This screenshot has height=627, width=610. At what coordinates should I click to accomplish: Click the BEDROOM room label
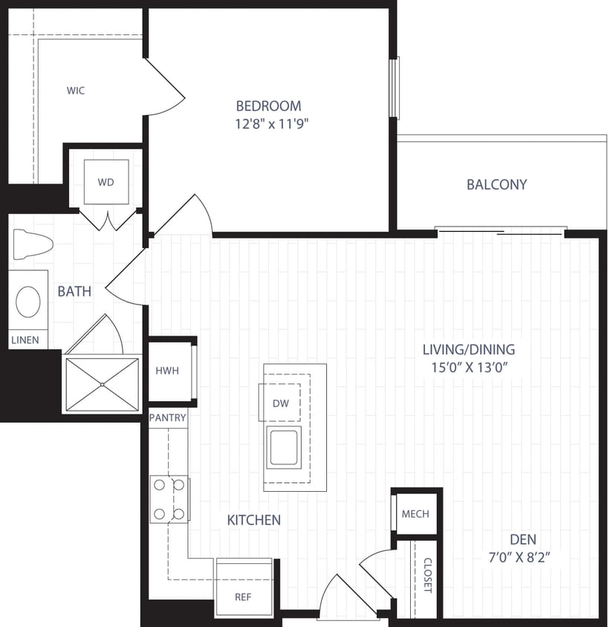pyautogui.click(x=268, y=105)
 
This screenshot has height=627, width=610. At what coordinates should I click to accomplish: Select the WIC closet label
pyautogui.click(x=76, y=91)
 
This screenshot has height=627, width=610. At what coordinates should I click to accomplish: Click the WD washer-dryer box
pyautogui.click(x=106, y=182)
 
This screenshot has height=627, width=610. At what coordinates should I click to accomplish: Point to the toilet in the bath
pyautogui.click(x=33, y=244)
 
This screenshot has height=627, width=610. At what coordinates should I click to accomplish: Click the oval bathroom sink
pyautogui.click(x=29, y=302)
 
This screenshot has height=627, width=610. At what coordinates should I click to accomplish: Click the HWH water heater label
pyautogui.click(x=167, y=371)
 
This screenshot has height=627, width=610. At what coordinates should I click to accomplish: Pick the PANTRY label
pyautogui.click(x=167, y=418)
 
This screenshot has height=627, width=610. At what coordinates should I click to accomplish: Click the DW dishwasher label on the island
pyautogui.click(x=280, y=403)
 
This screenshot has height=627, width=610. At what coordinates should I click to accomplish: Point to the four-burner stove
pyautogui.click(x=169, y=499)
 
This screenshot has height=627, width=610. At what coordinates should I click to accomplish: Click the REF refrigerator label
pyautogui.click(x=243, y=597)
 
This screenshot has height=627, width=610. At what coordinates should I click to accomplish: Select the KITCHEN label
pyautogui.click(x=254, y=520)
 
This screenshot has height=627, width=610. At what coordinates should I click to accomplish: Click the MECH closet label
pyautogui.click(x=415, y=514)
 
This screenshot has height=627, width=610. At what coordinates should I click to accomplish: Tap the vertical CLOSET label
pyautogui.click(x=427, y=576)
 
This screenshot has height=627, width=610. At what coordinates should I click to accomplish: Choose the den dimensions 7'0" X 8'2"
pyautogui.click(x=523, y=556)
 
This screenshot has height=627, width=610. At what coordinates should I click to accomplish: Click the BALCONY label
pyautogui.click(x=496, y=184)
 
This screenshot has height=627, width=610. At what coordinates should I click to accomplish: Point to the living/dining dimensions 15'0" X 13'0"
pyautogui.click(x=468, y=366)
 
